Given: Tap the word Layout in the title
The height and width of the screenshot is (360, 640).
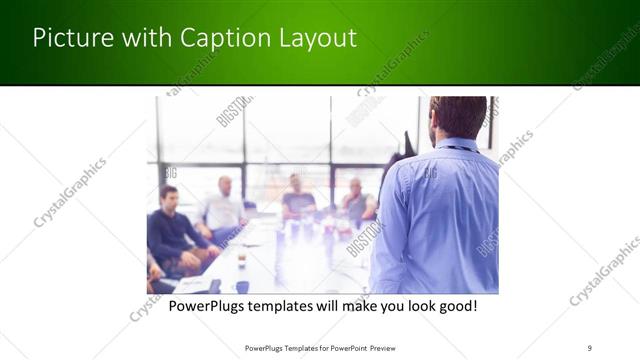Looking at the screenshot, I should coord(318,39).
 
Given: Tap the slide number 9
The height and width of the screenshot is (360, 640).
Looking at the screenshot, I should coord(589,348).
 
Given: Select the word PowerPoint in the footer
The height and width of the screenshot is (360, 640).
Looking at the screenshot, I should coord(339,348).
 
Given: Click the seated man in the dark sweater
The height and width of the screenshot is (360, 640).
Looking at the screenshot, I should coord(173,228).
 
